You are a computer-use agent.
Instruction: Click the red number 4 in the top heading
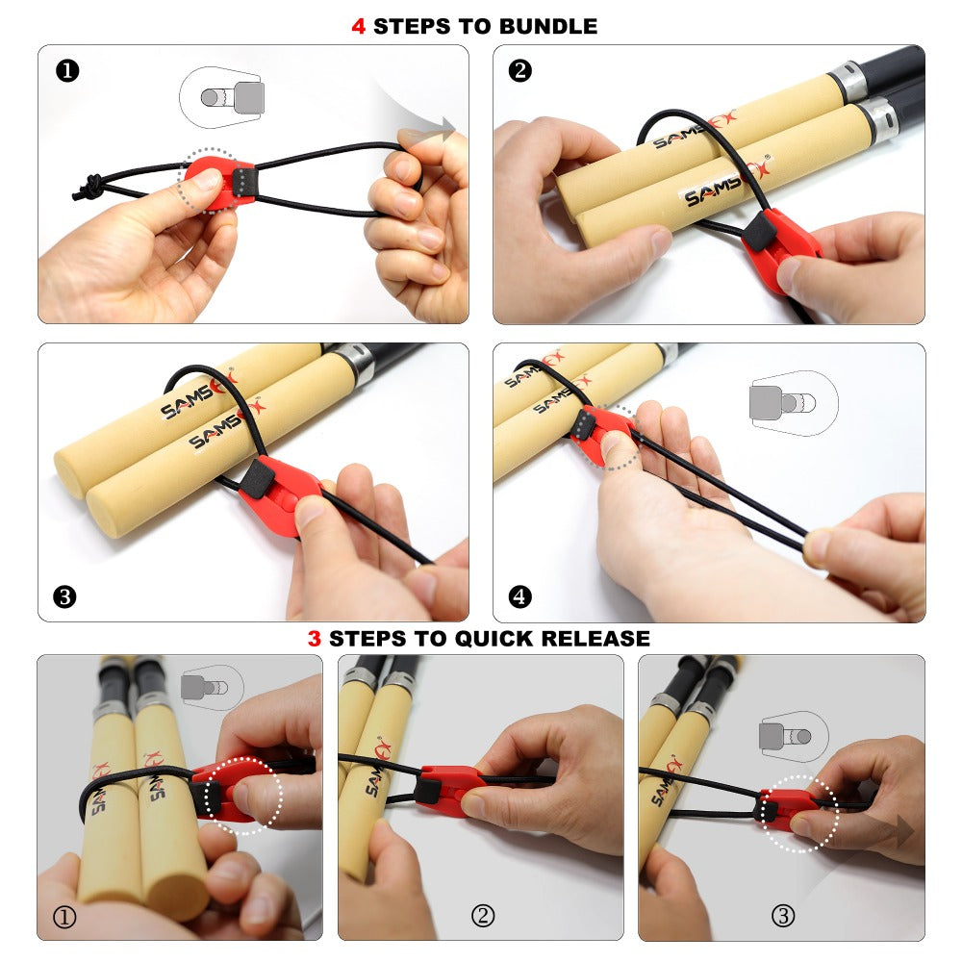(358, 26)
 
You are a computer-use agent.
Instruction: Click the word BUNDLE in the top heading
(548, 26)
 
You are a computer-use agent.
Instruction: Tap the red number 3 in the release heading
(315, 639)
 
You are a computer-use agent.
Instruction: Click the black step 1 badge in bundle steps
(67, 71)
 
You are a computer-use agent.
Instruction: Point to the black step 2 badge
(520, 70)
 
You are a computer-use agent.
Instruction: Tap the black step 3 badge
(64, 596)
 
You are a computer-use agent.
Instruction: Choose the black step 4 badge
(520, 596)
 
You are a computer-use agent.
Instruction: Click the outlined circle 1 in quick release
(64, 917)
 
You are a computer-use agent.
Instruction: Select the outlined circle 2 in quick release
(482, 916)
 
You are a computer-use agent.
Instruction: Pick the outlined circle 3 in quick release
(783, 916)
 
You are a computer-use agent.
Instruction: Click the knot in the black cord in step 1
(88, 187)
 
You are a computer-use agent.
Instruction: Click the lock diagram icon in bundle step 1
(222, 97)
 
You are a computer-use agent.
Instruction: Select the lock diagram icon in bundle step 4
(794, 403)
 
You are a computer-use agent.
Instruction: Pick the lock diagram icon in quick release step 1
(213, 687)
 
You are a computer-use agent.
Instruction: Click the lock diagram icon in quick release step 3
(794, 736)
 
